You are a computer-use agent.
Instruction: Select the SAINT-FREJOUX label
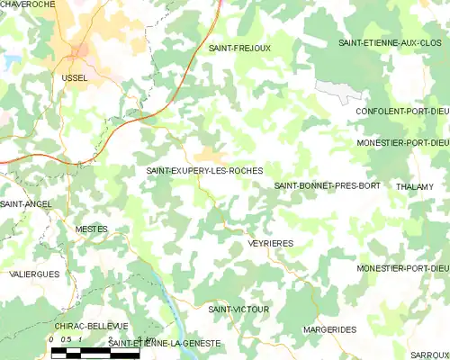point(238,47)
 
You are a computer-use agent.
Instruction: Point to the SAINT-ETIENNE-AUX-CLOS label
point(393,43)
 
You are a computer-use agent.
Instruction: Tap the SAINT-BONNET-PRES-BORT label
point(328,185)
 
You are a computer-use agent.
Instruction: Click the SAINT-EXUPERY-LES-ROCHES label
point(205,170)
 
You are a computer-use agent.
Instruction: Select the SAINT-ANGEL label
point(25,204)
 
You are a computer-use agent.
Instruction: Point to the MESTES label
point(91,229)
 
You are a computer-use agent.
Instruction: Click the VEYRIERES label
point(271,243)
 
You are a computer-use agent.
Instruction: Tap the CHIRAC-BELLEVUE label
point(91,325)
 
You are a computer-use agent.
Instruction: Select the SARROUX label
point(428,356)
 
